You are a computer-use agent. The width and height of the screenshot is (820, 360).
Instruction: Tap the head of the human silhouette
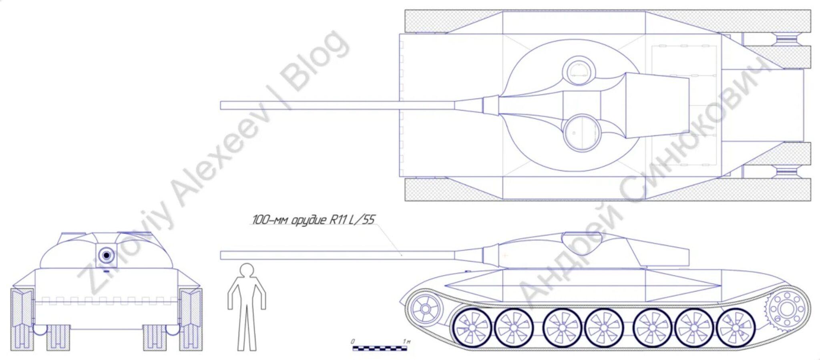247,270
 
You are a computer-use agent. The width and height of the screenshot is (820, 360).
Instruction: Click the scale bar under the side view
380,348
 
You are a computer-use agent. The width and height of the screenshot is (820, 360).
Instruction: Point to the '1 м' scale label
407,341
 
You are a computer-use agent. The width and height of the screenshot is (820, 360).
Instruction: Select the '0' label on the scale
353,341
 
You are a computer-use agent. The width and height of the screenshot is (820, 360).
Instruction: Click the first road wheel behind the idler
472,328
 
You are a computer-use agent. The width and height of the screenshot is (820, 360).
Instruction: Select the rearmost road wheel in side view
735,328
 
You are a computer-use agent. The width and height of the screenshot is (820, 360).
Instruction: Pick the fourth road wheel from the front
604,328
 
